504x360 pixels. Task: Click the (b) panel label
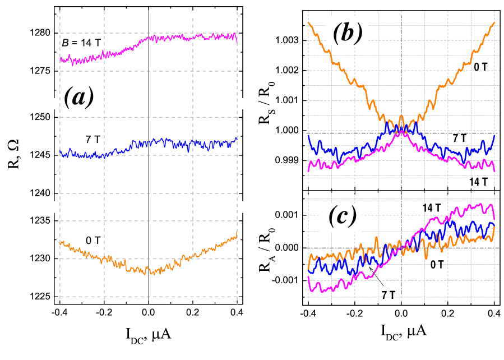coord(347,31)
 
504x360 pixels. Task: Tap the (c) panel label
coord(341,216)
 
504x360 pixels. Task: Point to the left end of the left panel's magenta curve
coord(61,59)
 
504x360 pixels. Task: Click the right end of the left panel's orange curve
coord(237,231)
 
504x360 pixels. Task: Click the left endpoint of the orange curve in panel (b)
coord(308,22)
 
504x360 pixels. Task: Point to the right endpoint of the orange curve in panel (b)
coord(494,22)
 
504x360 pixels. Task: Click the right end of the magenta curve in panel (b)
coord(494,172)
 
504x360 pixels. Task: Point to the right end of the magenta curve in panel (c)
coord(494,220)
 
